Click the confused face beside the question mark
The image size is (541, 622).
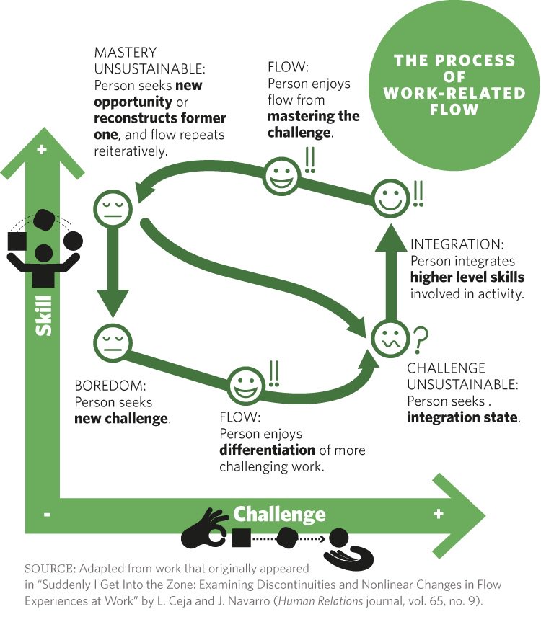pyautogui.click(x=388, y=337)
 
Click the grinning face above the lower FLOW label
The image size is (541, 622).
pyautogui.click(x=246, y=386)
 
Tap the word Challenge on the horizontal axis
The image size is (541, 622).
pyautogui.click(x=278, y=514)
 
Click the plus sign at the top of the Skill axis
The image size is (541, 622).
pyautogui.click(x=41, y=150)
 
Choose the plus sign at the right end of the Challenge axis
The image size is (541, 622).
pyautogui.click(x=437, y=514)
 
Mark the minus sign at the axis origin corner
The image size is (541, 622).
pyautogui.click(x=47, y=515)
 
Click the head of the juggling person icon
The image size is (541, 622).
pyautogui.click(x=45, y=253)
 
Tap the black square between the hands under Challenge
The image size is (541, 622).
pyautogui.click(x=242, y=537)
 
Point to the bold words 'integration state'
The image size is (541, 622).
pyautogui.click(x=462, y=418)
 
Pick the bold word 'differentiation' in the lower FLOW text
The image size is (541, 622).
pyautogui.click(x=267, y=450)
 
